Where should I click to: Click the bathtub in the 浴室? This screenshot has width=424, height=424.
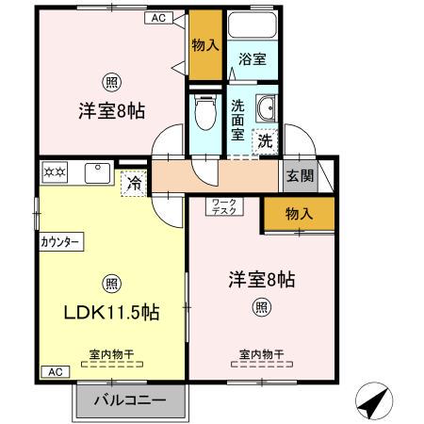[x=253, y=27]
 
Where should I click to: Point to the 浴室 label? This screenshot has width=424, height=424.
[x=253, y=59]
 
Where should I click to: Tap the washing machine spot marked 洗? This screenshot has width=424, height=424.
[x=267, y=141]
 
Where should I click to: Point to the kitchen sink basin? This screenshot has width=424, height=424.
[x=97, y=173]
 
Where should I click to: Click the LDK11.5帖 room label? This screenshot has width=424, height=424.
[x=110, y=313]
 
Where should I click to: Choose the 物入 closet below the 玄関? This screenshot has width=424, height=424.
[x=299, y=214]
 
